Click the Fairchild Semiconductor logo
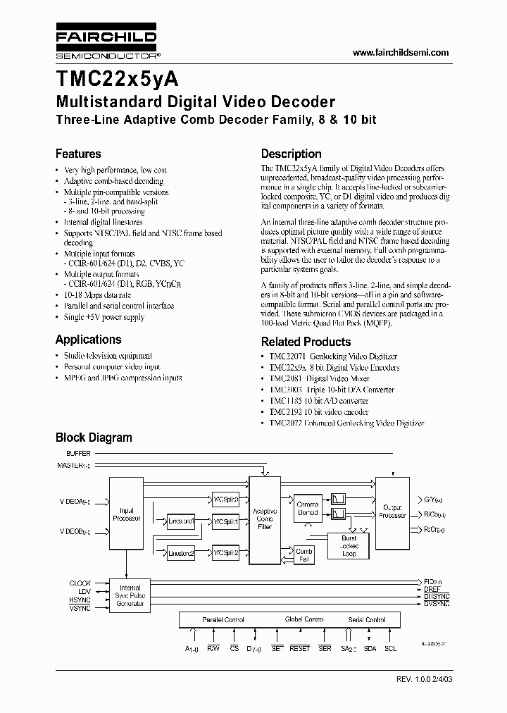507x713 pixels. point(105,43)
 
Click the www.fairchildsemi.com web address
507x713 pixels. point(400,53)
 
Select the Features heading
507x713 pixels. point(78,154)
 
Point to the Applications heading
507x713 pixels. point(88,339)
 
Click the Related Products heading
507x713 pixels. point(306,342)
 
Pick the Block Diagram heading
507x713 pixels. point(94,438)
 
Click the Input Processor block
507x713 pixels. point(127,514)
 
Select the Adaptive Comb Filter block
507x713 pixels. point(265,518)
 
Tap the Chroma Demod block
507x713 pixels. point(307,508)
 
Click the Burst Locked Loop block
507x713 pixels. point(349,546)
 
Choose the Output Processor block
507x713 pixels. point(392,511)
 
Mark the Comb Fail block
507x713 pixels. point(303,555)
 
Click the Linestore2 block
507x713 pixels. point(181,554)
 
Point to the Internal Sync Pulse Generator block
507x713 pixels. point(130,595)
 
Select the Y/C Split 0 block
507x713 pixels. point(226,499)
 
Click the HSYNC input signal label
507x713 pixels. point(80,600)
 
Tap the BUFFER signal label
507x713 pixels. point(78,454)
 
